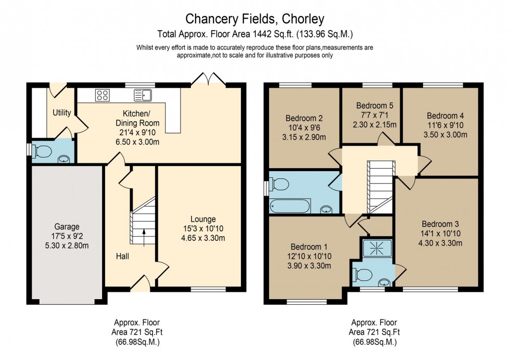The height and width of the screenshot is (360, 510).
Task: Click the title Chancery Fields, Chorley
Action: pyautogui.click(x=255, y=19)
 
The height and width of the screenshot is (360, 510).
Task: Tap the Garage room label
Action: pyautogui.click(x=67, y=227)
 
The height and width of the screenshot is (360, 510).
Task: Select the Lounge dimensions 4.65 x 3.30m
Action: pyautogui.click(x=203, y=238)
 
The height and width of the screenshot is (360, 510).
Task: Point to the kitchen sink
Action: pyautogui.click(x=142, y=95)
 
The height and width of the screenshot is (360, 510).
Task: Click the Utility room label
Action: pyautogui.click(x=61, y=113)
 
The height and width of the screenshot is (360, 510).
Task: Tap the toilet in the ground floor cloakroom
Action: pyautogui.click(x=41, y=151)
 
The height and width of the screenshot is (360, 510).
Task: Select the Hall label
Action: pyautogui.click(x=123, y=256)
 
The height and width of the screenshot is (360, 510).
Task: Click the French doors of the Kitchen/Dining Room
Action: pyautogui.click(x=208, y=79)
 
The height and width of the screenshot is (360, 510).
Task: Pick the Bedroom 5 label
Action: pyautogui.click(x=371, y=106)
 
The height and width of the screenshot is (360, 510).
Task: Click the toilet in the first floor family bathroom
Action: pyautogui.click(x=279, y=185)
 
